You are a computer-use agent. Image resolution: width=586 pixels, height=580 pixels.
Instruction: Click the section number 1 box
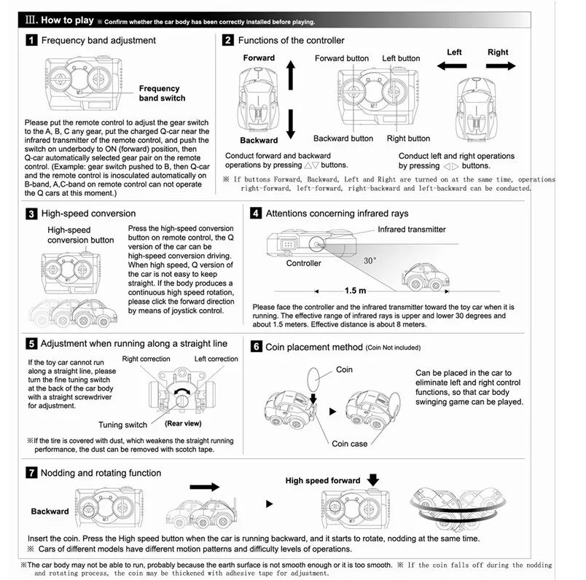click(31, 40)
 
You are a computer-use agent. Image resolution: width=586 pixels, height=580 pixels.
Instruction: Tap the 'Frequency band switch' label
click(163, 93)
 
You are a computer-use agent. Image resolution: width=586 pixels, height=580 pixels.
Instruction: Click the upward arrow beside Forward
click(291, 75)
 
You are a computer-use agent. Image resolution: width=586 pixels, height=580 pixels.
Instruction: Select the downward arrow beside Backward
click(291, 124)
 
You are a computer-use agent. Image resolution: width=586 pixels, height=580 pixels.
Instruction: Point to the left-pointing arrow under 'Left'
click(451, 66)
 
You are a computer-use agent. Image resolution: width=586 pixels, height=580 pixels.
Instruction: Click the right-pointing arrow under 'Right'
click(501, 66)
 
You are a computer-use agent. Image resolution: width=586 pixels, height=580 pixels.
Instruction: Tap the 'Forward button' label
click(342, 58)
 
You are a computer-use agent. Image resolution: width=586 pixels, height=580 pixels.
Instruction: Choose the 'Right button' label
click(408, 138)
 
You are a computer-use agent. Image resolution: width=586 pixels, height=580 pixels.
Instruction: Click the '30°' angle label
click(370, 260)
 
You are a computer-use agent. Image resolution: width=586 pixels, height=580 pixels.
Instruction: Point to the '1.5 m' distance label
click(355, 291)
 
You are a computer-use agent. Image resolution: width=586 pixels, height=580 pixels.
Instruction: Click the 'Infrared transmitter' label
click(412, 229)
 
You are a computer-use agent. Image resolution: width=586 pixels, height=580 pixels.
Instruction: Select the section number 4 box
click(256, 213)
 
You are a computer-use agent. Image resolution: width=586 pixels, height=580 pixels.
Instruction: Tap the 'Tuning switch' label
click(122, 425)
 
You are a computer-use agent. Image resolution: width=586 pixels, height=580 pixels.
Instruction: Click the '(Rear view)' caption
click(183, 423)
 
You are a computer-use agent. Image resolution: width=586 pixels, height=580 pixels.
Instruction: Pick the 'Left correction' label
click(216, 358)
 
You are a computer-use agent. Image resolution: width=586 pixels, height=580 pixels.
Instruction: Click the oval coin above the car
click(313, 379)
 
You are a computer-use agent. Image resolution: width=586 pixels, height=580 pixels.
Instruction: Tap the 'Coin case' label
click(349, 444)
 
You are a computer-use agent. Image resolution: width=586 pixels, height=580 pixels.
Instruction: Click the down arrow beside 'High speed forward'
click(373, 480)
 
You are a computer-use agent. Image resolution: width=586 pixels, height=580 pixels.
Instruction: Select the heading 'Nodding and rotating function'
click(101, 473)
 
